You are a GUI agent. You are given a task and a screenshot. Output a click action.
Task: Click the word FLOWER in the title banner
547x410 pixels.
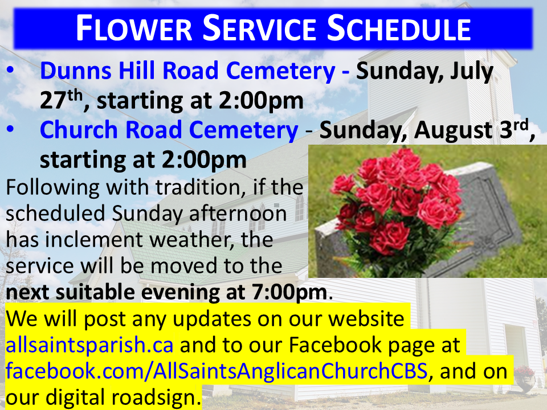click(x=134, y=28)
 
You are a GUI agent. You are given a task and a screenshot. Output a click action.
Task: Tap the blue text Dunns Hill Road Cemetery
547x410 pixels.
click(x=187, y=71)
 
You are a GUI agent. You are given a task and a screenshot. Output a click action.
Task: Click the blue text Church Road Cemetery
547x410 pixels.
click(x=169, y=130)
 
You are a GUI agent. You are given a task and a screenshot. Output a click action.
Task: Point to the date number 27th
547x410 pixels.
click(x=61, y=100)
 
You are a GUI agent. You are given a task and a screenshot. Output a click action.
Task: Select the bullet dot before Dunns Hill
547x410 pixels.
click(x=10, y=69)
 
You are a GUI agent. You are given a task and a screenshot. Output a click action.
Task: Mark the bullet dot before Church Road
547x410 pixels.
click(x=10, y=129)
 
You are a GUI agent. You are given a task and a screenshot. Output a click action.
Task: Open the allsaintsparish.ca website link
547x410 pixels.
click(x=89, y=345)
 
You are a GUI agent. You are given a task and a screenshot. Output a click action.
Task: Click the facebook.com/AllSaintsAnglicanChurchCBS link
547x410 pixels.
click(x=217, y=371)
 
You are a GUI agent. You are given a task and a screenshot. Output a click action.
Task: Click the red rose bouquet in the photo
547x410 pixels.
click(x=398, y=202)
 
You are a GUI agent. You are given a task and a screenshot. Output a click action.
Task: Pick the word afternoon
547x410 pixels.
click(x=238, y=214)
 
